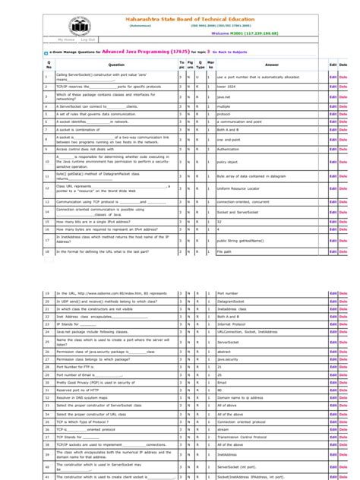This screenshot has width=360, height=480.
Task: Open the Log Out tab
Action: (88, 38)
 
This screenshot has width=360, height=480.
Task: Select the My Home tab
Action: (67, 38)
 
